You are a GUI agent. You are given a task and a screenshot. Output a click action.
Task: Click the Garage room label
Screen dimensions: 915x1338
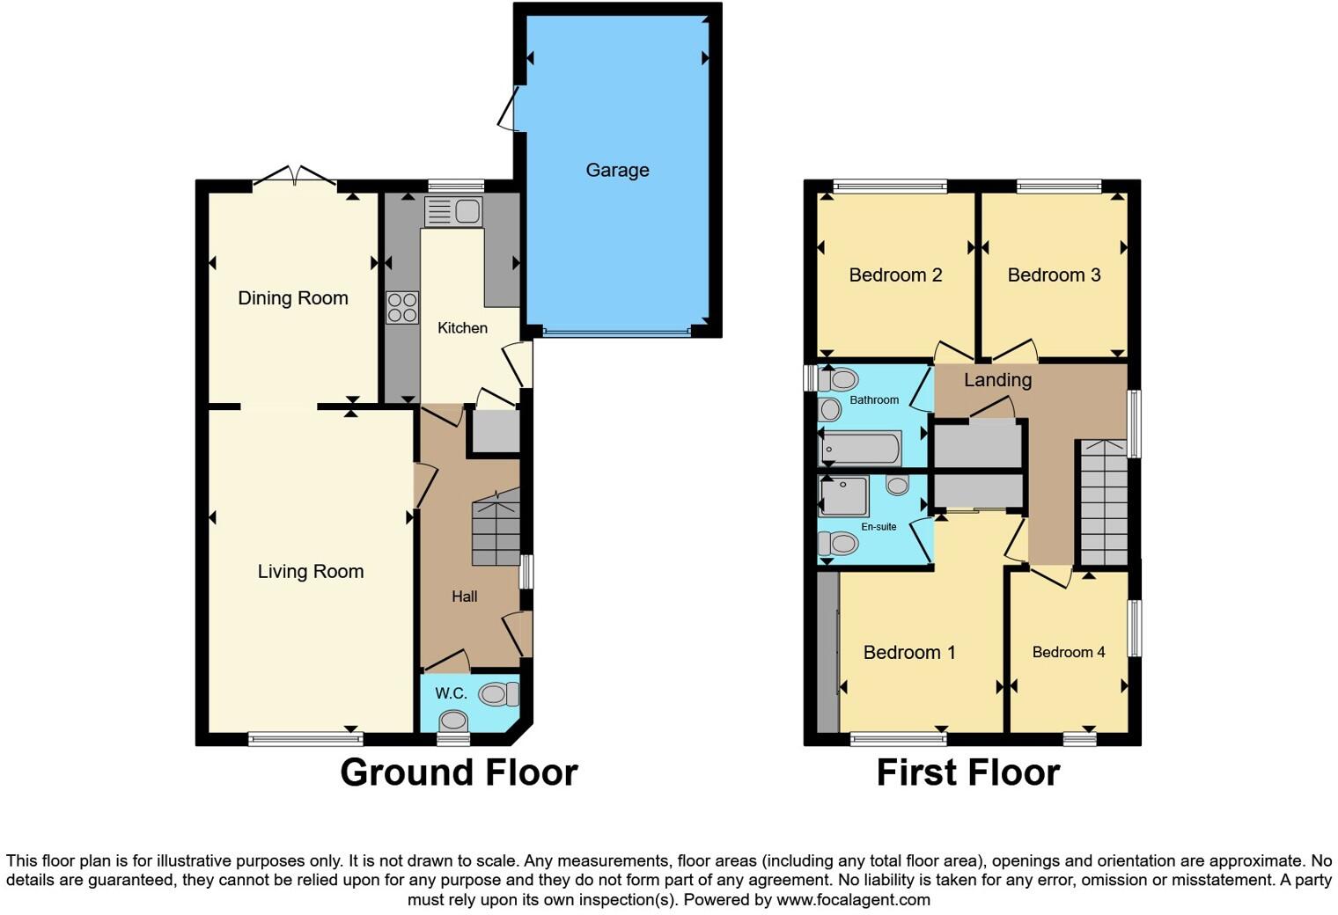(x=617, y=170)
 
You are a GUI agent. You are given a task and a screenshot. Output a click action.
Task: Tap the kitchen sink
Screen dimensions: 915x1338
(x=453, y=211)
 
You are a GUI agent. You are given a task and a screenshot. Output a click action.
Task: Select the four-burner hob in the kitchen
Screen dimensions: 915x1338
(x=402, y=308)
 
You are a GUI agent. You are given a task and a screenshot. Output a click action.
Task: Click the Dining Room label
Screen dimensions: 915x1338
(x=293, y=298)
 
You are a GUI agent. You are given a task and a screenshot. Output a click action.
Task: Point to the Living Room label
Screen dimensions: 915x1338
(x=310, y=572)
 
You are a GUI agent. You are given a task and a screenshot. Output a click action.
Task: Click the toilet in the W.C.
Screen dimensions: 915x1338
(x=497, y=695)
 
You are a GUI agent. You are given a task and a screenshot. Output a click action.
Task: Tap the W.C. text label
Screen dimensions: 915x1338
(x=451, y=693)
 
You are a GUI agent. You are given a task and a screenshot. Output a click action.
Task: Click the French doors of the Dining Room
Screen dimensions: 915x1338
(x=294, y=178)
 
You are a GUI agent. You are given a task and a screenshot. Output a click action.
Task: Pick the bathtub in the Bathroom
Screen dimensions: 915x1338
(x=860, y=449)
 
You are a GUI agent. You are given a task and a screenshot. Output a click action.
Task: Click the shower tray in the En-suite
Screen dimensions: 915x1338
(x=844, y=496)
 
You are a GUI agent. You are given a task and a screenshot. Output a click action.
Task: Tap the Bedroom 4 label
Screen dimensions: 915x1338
(x=1068, y=652)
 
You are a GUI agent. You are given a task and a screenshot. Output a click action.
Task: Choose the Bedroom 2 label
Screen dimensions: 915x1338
(x=895, y=275)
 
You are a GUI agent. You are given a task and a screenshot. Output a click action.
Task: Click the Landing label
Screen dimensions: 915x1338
(x=997, y=380)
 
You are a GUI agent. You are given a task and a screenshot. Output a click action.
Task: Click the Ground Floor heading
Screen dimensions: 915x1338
(x=459, y=772)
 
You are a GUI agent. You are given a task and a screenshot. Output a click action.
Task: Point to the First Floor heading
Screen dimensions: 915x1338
(x=967, y=772)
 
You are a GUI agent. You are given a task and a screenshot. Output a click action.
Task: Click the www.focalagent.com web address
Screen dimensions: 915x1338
(x=852, y=900)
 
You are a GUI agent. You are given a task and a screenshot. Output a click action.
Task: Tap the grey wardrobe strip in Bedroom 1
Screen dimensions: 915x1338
(x=827, y=652)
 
